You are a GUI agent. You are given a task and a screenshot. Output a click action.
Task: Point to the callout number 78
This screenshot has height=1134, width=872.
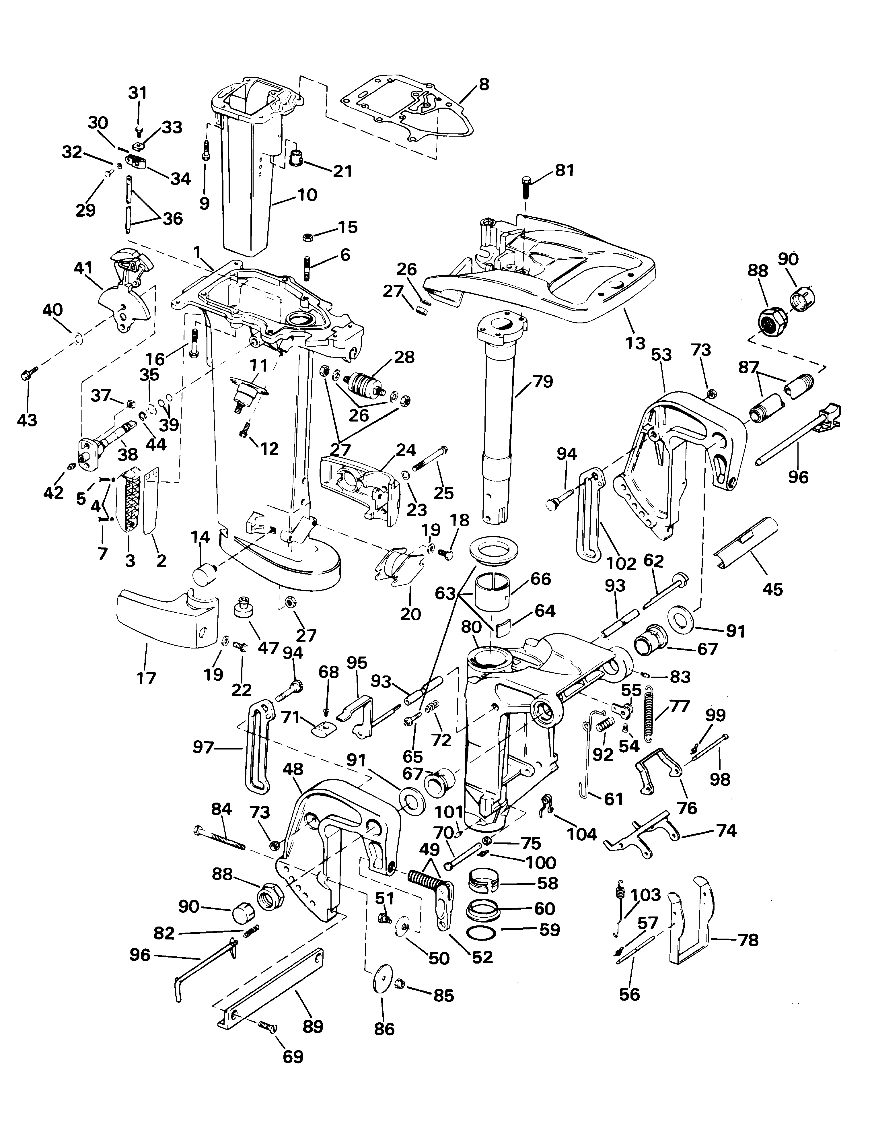(x=748, y=940)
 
